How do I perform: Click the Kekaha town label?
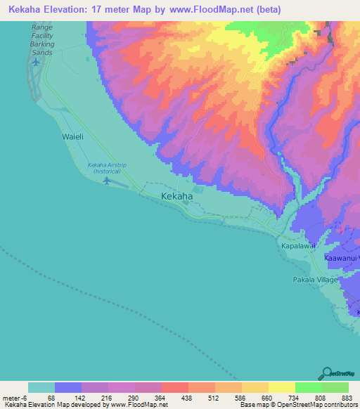176,197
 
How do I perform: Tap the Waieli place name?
72,137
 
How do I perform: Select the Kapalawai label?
297,247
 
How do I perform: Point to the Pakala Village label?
316,279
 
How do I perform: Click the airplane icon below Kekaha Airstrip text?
106,181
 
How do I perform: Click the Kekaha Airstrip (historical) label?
108,169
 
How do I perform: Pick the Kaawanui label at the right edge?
342,259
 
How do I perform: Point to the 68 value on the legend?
51,398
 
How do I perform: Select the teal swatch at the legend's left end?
41,387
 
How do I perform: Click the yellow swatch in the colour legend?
282,387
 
